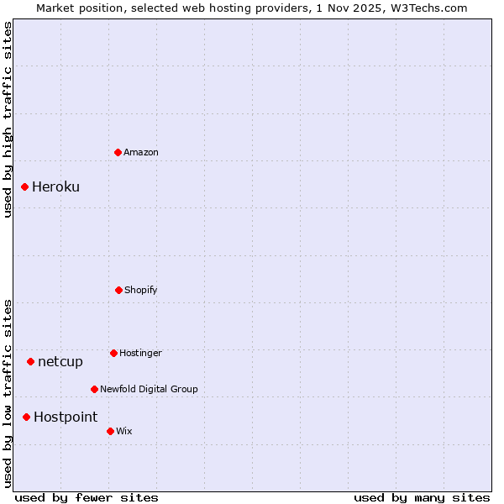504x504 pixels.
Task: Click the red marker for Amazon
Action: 118,152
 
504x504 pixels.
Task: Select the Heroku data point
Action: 25,186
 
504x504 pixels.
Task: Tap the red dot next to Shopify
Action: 118,290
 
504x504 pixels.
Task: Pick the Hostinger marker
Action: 113,353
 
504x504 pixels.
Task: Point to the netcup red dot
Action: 30,361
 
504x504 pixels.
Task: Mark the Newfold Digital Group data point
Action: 94,389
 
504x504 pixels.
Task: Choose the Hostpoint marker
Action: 26,417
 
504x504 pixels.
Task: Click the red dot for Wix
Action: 110,431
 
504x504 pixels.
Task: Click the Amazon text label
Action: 141,152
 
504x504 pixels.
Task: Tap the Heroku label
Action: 55,186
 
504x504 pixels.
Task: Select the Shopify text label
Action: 141,290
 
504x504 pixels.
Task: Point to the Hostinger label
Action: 140,353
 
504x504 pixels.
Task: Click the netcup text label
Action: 60,361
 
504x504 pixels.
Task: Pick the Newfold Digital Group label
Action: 149,389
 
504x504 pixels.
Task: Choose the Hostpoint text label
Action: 66,417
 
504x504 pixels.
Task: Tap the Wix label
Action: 124,431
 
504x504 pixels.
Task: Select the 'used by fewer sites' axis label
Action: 87,497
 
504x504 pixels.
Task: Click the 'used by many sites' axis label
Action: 422,497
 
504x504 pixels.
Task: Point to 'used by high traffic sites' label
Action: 8,119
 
